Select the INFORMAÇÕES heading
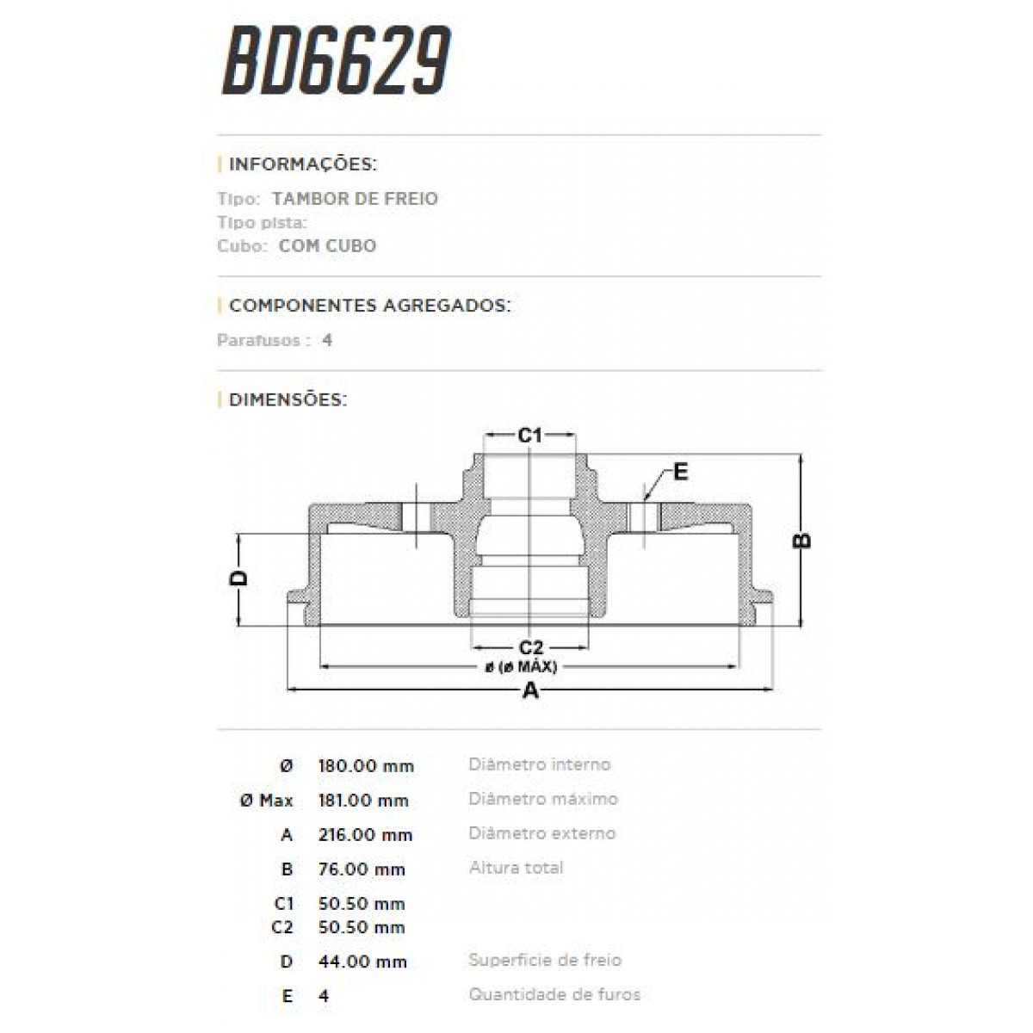pyautogui.click(x=302, y=164)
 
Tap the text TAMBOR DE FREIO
pyautogui.click(x=355, y=199)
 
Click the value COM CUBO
pyautogui.click(x=327, y=245)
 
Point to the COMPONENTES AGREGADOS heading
pyautogui.click(x=369, y=306)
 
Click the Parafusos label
pyautogui.click(x=258, y=340)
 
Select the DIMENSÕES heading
pyautogui.click(x=287, y=400)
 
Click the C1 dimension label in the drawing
pyautogui.click(x=529, y=436)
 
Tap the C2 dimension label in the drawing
pyautogui.click(x=530, y=647)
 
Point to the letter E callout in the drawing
pyautogui.click(x=680, y=472)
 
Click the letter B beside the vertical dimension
pyautogui.click(x=801, y=540)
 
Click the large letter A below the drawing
pyautogui.click(x=531, y=690)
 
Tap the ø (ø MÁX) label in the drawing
pyautogui.click(x=521, y=667)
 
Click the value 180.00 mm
pyautogui.click(x=366, y=766)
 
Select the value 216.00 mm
pyautogui.click(x=365, y=835)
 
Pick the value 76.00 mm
pyautogui.click(x=362, y=869)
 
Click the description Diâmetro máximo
pyautogui.click(x=543, y=799)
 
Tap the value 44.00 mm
pyautogui.click(x=362, y=962)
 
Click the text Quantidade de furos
pyautogui.click(x=554, y=994)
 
